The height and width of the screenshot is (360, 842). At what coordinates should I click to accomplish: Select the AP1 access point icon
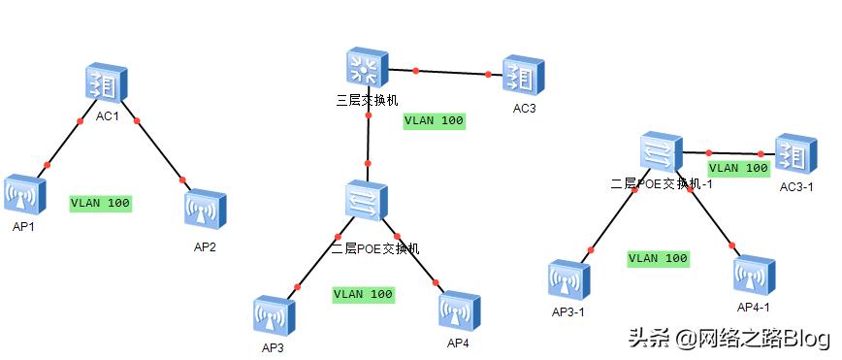point(24,195)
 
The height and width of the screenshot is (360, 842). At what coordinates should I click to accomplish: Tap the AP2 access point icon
point(205,210)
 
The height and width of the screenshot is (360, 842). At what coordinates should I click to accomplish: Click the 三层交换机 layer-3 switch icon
point(367,68)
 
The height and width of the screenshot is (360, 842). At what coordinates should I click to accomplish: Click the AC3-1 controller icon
point(793,155)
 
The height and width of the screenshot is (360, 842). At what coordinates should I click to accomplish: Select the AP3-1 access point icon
point(567,281)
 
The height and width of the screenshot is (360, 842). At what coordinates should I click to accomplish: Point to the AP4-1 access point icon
point(754,277)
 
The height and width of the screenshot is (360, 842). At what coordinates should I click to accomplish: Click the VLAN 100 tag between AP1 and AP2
point(101,204)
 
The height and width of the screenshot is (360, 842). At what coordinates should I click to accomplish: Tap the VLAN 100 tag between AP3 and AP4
point(364,294)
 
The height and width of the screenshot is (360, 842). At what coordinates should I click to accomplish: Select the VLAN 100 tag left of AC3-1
point(738,168)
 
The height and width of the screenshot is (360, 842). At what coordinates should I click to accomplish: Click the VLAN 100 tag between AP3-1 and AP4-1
point(659,259)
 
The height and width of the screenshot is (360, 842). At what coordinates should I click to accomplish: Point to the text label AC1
point(107,115)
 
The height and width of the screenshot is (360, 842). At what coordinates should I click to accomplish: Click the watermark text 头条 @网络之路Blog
point(729,339)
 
